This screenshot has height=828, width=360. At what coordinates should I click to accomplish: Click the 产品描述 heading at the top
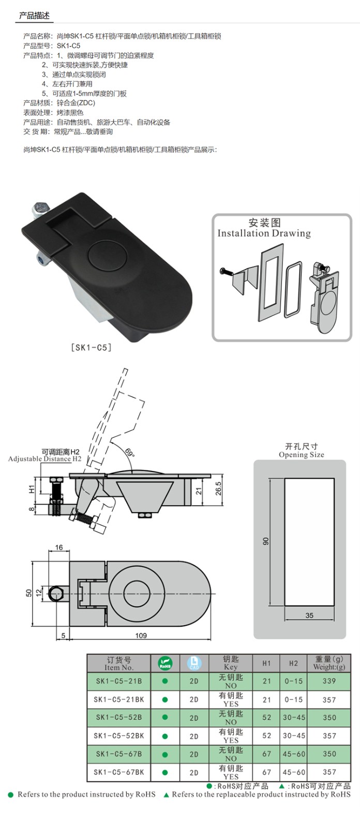point(34,16)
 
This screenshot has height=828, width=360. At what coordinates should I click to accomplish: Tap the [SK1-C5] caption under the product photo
point(91,348)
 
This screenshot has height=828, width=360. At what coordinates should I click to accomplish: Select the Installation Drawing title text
point(264,233)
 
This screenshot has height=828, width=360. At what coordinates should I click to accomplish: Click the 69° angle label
point(129,453)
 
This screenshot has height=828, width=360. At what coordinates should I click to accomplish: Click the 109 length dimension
point(141,635)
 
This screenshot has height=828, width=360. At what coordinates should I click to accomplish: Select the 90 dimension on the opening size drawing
point(266,541)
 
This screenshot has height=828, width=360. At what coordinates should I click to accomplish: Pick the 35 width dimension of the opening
point(309,615)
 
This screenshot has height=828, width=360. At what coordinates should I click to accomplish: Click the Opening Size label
point(302,455)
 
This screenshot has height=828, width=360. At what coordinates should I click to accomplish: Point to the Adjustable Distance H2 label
point(45,459)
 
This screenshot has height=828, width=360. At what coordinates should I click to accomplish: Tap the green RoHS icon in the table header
point(165,663)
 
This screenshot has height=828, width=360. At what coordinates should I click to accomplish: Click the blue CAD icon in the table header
point(194,663)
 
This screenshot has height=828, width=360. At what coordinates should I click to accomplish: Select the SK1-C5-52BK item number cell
point(119,736)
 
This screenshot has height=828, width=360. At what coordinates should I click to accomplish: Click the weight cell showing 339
point(329,681)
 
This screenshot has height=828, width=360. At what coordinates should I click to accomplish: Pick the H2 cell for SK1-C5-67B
point(294,754)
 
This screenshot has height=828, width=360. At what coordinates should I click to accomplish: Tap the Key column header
point(231,663)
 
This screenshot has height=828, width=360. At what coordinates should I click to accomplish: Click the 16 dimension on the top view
point(58,548)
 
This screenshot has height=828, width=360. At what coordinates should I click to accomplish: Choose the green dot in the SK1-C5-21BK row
point(165,700)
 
